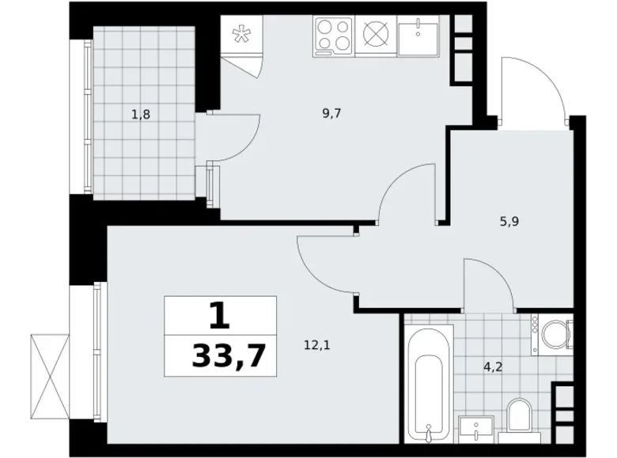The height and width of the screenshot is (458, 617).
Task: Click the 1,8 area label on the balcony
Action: [141, 114]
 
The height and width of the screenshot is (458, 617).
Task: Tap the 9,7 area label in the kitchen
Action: [331, 114]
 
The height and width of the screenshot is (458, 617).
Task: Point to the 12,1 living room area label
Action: [310, 344]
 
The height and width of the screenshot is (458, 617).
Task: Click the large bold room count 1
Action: [220, 316]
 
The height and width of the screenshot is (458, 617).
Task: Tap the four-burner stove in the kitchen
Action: [335, 36]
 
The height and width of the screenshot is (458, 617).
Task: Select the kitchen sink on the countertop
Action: [418, 37]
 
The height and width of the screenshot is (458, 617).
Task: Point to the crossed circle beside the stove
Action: [375, 36]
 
